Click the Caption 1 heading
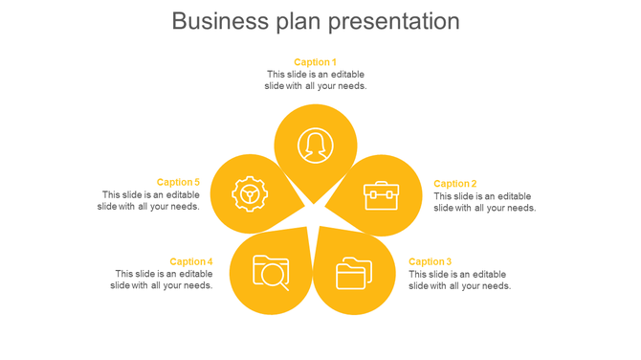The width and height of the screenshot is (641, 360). point(315,62)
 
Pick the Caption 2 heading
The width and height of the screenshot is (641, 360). point(454,184)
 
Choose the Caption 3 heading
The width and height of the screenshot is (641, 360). point(430,261)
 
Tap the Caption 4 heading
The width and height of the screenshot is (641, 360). point(191,261)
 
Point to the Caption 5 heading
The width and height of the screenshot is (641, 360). point(178,182)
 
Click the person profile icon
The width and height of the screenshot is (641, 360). point(315,146)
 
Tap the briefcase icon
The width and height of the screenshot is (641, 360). point(381,195)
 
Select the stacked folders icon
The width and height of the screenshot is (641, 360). point(354,273)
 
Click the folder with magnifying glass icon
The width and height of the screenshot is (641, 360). point(271,272)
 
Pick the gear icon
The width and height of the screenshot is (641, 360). point(250,194)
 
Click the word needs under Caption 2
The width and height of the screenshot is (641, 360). point(520,208)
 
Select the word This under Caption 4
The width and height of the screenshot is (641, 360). point(126,274)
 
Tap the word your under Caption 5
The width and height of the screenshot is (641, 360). point(168,206)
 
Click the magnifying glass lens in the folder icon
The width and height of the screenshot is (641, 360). point(274,275)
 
